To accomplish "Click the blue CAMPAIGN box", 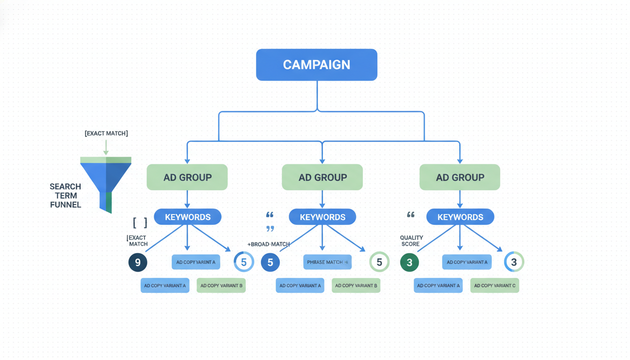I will click(316, 65).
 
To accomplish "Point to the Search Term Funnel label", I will click(65, 195).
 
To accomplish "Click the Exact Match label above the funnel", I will click(106, 134).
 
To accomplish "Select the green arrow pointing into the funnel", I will click(106, 147).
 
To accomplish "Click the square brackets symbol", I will click(140, 222).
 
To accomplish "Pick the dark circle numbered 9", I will click(138, 262).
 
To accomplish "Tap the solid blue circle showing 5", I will click(270, 262).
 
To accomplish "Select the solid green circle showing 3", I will click(409, 262).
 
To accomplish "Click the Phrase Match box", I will click(327, 262).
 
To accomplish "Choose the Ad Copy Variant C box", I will click(495, 285).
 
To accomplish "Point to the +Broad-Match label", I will click(269, 244).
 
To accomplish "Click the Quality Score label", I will click(411, 241).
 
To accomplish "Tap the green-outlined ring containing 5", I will click(379, 262).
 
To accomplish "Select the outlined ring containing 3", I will click(514, 262).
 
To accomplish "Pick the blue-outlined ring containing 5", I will click(244, 262).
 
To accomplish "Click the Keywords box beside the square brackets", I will click(187, 217).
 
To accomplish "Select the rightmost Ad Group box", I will click(460, 177).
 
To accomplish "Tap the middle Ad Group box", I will click(322, 177).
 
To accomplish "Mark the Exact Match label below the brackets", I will click(138, 241).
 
